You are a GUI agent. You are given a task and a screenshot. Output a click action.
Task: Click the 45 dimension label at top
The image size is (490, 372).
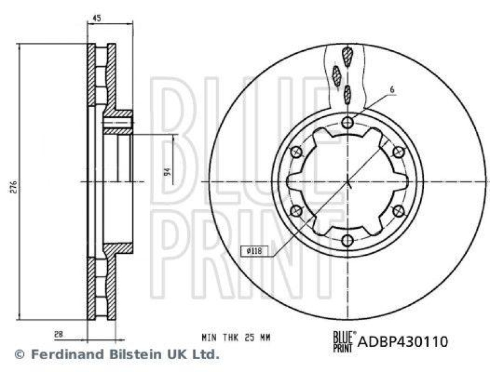[x=97, y=19]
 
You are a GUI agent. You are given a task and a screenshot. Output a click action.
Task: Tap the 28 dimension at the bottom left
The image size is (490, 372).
[x=58, y=334]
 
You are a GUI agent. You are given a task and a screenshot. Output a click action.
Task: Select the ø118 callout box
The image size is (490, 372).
[x=252, y=250]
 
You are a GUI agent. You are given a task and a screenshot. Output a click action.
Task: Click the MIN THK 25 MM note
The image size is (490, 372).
[x=235, y=338]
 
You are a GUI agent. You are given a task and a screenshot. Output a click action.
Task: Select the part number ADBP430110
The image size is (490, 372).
[x=403, y=341]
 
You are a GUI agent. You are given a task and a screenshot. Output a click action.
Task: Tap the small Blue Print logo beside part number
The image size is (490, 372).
[x=342, y=341]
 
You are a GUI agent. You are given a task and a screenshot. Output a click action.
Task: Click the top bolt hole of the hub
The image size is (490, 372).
[x=348, y=122]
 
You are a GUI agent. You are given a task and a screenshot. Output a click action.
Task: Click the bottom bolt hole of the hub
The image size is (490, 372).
[x=348, y=240]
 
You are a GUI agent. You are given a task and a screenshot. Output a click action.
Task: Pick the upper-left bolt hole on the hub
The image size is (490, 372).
[x=297, y=152]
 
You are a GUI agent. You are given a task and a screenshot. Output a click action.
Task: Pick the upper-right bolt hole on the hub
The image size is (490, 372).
[x=399, y=152]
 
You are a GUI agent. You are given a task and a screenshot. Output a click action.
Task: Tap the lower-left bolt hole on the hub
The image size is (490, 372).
[x=297, y=211]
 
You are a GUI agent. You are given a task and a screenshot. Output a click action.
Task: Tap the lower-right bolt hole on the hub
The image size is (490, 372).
[x=399, y=211]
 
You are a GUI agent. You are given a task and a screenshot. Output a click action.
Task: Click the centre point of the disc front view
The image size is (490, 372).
[x=348, y=181]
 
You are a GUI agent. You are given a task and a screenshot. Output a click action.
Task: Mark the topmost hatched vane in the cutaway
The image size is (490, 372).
[x=348, y=58]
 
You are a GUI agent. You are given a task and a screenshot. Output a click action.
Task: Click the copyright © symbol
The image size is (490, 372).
[x=19, y=354]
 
